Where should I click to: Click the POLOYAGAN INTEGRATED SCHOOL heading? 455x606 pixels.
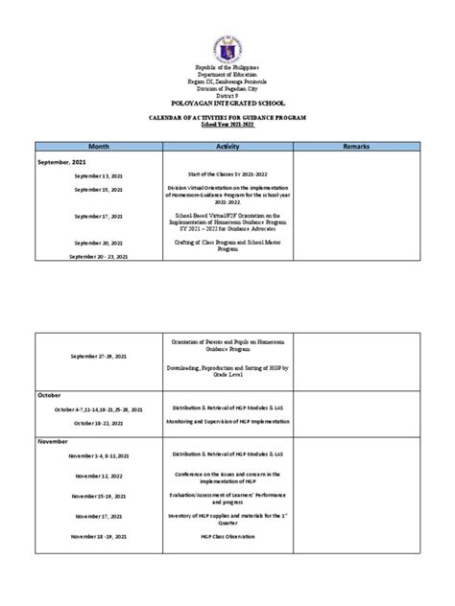227,99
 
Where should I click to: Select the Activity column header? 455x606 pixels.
227,146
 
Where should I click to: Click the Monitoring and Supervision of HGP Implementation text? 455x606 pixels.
227,422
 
